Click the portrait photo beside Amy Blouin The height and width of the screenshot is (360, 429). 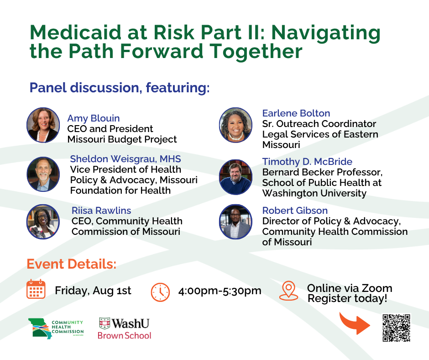point(43,125)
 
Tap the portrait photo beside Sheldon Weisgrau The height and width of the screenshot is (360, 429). point(43,174)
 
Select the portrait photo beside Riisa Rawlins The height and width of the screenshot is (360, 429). point(43,222)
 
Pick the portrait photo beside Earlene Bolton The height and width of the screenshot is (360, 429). point(235,125)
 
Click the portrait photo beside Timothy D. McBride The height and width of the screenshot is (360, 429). point(235,177)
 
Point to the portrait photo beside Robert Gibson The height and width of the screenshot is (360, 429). point(235,222)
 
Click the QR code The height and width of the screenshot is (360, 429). point(396,328)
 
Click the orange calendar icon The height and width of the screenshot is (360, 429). point(36,289)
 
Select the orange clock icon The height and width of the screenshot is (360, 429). point(160,292)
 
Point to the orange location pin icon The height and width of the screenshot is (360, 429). point(288,291)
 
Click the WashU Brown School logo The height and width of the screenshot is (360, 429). point(125,328)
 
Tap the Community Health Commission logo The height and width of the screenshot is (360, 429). point(56,328)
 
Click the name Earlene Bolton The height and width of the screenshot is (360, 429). point(296,113)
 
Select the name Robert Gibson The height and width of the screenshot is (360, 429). point(295,211)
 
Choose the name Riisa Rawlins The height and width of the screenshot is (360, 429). point(101,211)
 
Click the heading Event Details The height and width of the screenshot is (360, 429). point(71,264)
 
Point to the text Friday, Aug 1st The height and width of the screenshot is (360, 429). point(93,291)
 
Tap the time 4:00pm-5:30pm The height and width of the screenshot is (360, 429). point(220,291)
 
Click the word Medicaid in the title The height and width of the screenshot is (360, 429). point(75,32)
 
